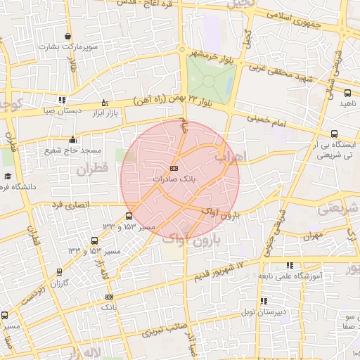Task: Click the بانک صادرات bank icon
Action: tap(174, 168)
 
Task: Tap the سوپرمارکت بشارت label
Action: tap(67, 46)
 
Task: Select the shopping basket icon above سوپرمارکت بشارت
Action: tap(67, 36)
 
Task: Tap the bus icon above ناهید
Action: tap(347, 93)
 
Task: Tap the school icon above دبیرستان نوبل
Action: tap(264, 301)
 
